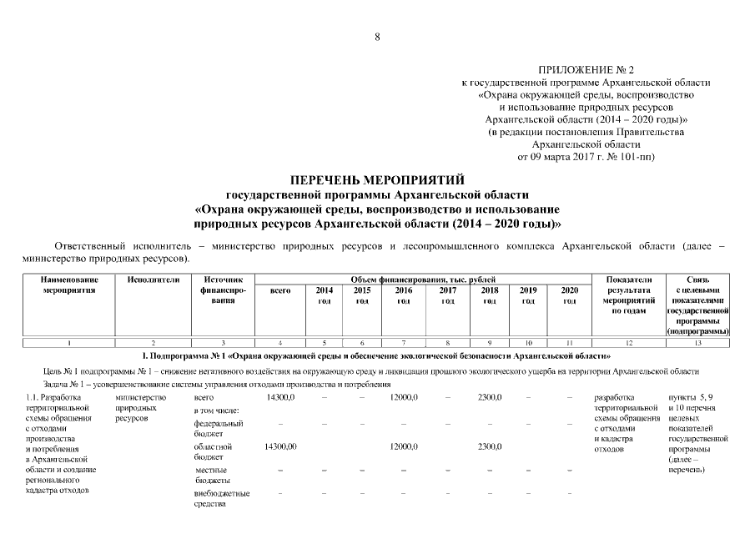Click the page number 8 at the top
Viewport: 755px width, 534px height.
tap(377, 36)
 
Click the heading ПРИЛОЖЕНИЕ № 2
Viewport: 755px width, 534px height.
tap(586, 70)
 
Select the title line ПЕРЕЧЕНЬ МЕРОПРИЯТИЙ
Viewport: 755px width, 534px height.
tap(377, 179)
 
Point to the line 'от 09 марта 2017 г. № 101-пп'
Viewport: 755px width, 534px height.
tap(586, 155)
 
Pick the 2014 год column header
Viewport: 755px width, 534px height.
tap(325, 295)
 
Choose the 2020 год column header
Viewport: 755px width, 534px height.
tap(569, 295)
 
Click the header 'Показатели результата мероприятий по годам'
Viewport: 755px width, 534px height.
tap(628, 295)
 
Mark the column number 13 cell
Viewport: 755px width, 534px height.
tap(698, 343)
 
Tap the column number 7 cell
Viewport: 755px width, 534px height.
tap(404, 343)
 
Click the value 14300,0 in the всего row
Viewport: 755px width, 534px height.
tap(279, 397)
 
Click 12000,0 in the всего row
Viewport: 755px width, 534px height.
tap(404, 397)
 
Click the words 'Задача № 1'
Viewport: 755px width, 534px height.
tap(65, 384)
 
